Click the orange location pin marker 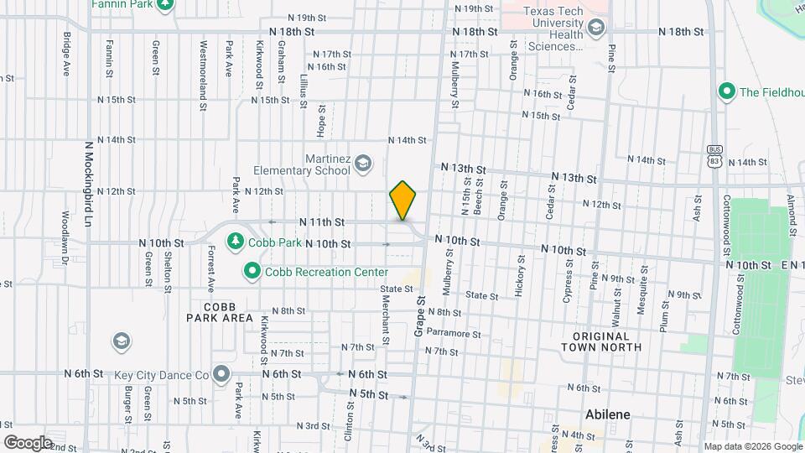point(403,200)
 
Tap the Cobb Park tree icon point(236,242)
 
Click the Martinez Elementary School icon point(363,162)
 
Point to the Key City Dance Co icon point(221,374)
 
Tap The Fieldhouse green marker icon point(727,91)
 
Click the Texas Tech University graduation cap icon point(595,29)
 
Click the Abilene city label point(607,415)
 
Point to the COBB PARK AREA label point(220,312)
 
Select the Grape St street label point(418,315)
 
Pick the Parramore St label point(452,332)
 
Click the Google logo point(28,442)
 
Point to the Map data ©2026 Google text point(751,446)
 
